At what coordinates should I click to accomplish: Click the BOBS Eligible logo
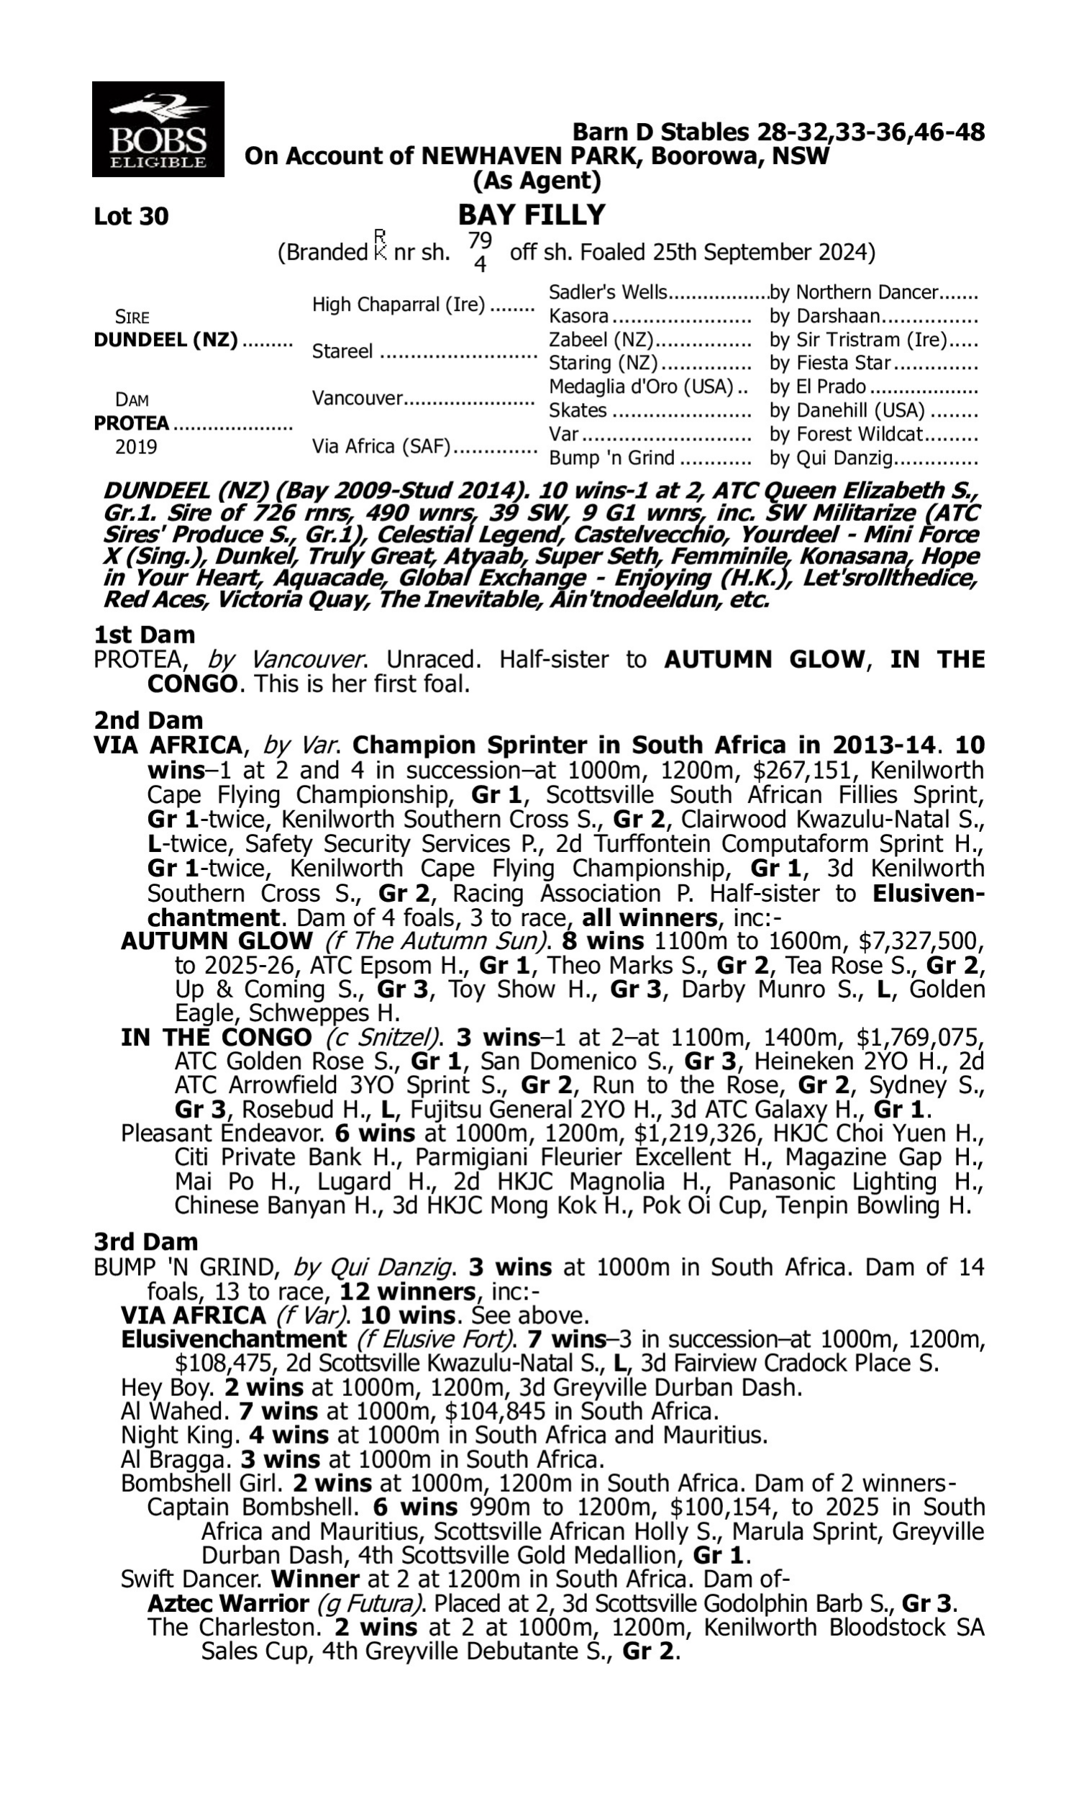[158, 130]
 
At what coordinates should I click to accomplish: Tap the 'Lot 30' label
[131, 217]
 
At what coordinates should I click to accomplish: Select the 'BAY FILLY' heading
[532, 215]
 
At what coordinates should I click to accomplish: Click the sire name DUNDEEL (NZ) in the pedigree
[165, 340]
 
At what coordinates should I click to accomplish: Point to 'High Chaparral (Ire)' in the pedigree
[398, 304]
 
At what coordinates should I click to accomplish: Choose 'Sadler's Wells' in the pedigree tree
[608, 292]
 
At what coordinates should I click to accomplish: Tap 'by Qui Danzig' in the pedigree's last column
[831, 459]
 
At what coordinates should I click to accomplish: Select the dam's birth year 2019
[136, 446]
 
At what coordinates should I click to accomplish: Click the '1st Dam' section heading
[145, 635]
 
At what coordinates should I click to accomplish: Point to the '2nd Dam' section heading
[148, 720]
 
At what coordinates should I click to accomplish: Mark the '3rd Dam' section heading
[146, 1241]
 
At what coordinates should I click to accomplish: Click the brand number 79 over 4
[480, 252]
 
